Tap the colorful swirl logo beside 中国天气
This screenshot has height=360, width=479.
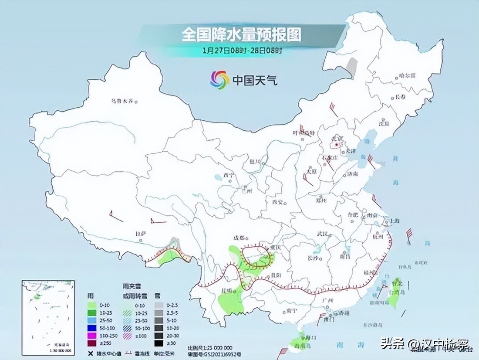coord(219,80)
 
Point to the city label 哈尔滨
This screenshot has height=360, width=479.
coord(407,76)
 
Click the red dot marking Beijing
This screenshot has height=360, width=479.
coord(336,143)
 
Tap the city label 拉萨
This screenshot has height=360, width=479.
coord(140,234)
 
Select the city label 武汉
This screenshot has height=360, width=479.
coord(322,234)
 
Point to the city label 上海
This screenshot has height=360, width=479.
coord(395,220)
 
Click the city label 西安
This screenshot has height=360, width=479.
coord(277,201)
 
